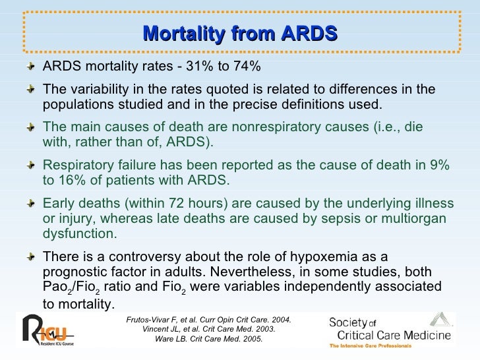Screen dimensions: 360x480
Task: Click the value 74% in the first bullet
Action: [247, 67]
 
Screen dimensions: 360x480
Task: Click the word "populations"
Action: [75, 105]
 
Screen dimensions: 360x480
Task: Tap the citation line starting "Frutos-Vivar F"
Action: [208, 320]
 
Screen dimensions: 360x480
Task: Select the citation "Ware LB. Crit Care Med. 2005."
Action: [208, 339]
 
